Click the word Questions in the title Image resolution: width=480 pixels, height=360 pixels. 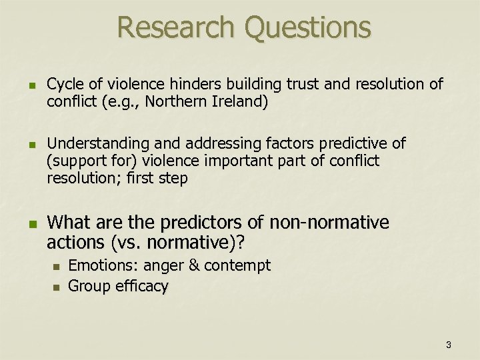pos(308,27)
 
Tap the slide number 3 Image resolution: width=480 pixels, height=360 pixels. pos(449,345)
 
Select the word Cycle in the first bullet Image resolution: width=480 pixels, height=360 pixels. pos(64,85)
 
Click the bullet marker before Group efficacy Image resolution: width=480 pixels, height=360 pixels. pos(56,287)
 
